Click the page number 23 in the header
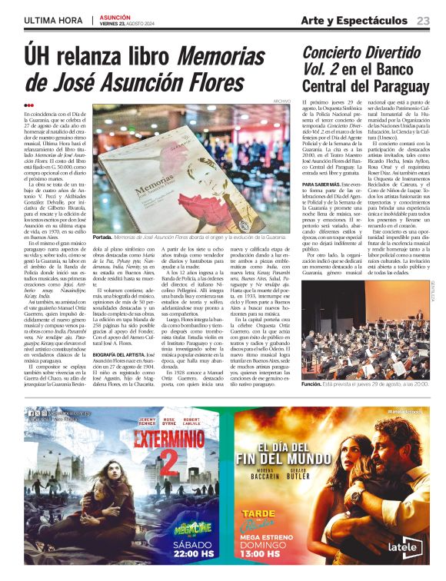424,20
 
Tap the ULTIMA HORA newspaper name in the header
53,20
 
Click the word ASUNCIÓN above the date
115,16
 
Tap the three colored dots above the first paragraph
28,105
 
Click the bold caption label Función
313,383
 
